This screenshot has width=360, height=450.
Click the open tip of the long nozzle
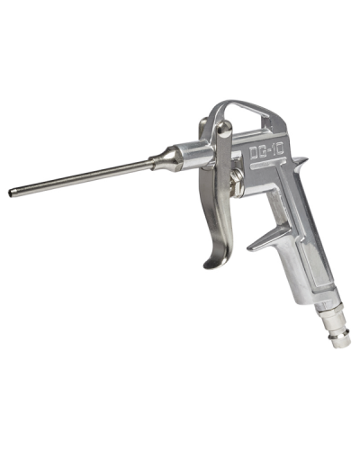(x=11, y=193)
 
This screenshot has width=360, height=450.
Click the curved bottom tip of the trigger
(x=211, y=264)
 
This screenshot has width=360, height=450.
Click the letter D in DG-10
(x=255, y=153)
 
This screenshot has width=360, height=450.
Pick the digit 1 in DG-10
(x=275, y=149)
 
